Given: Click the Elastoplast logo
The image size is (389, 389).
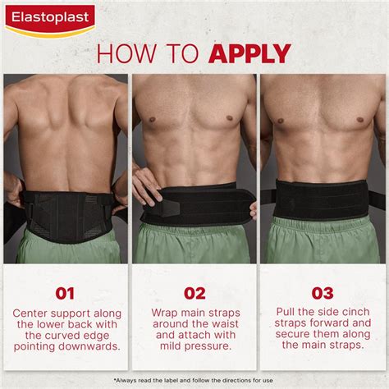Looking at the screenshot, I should [x=50, y=18].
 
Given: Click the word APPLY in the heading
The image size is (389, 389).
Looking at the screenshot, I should [x=249, y=54].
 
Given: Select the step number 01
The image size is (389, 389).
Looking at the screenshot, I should [x=65, y=293].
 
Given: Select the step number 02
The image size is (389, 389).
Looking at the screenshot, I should [x=194, y=293].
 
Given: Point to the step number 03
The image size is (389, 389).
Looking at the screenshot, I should [x=322, y=293].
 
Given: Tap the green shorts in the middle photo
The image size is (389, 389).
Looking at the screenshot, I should [x=194, y=245].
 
